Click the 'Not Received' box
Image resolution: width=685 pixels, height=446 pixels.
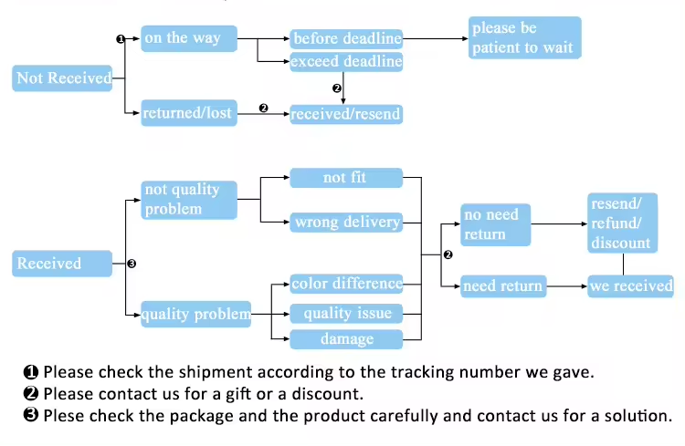pyautogui.click(x=63, y=78)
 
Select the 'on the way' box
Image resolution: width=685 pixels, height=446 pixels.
pyautogui.click(x=188, y=38)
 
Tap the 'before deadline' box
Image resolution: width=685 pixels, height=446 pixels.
pyautogui.click(x=346, y=38)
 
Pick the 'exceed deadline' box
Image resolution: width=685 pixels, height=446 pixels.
pyautogui.click(x=346, y=63)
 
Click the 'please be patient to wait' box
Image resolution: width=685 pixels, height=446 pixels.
pyautogui.click(x=524, y=38)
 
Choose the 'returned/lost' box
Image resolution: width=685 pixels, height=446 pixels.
pyautogui.click(x=188, y=113)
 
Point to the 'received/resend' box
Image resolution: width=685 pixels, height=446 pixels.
pyautogui.click(x=345, y=115)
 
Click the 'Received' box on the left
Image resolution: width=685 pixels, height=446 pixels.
pyautogui.click(x=63, y=264)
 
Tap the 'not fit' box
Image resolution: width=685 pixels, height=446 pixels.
pyautogui.click(x=346, y=178)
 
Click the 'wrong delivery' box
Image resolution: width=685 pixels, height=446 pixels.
pyautogui.click(x=346, y=222)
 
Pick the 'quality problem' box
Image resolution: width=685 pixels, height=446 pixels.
pyautogui.click(x=195, y=315)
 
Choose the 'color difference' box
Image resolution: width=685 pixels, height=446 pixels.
pyautogui.click(x=346, y=284)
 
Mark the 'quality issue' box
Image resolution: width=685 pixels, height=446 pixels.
pyautogui.click(x=346, y=314)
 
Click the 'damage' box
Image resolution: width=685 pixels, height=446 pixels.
pyautogui.click(x=346, y=339)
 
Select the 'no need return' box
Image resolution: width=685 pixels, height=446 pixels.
pyautogui.click(x=495, y=224)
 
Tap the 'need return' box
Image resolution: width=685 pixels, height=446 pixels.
pyautogui.click(x=502, y=286)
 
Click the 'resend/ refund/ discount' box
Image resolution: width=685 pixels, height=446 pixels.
pyautogui.click(x=621, y=223)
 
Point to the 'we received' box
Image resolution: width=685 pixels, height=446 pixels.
pyautogui.click(x=630, y=286)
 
